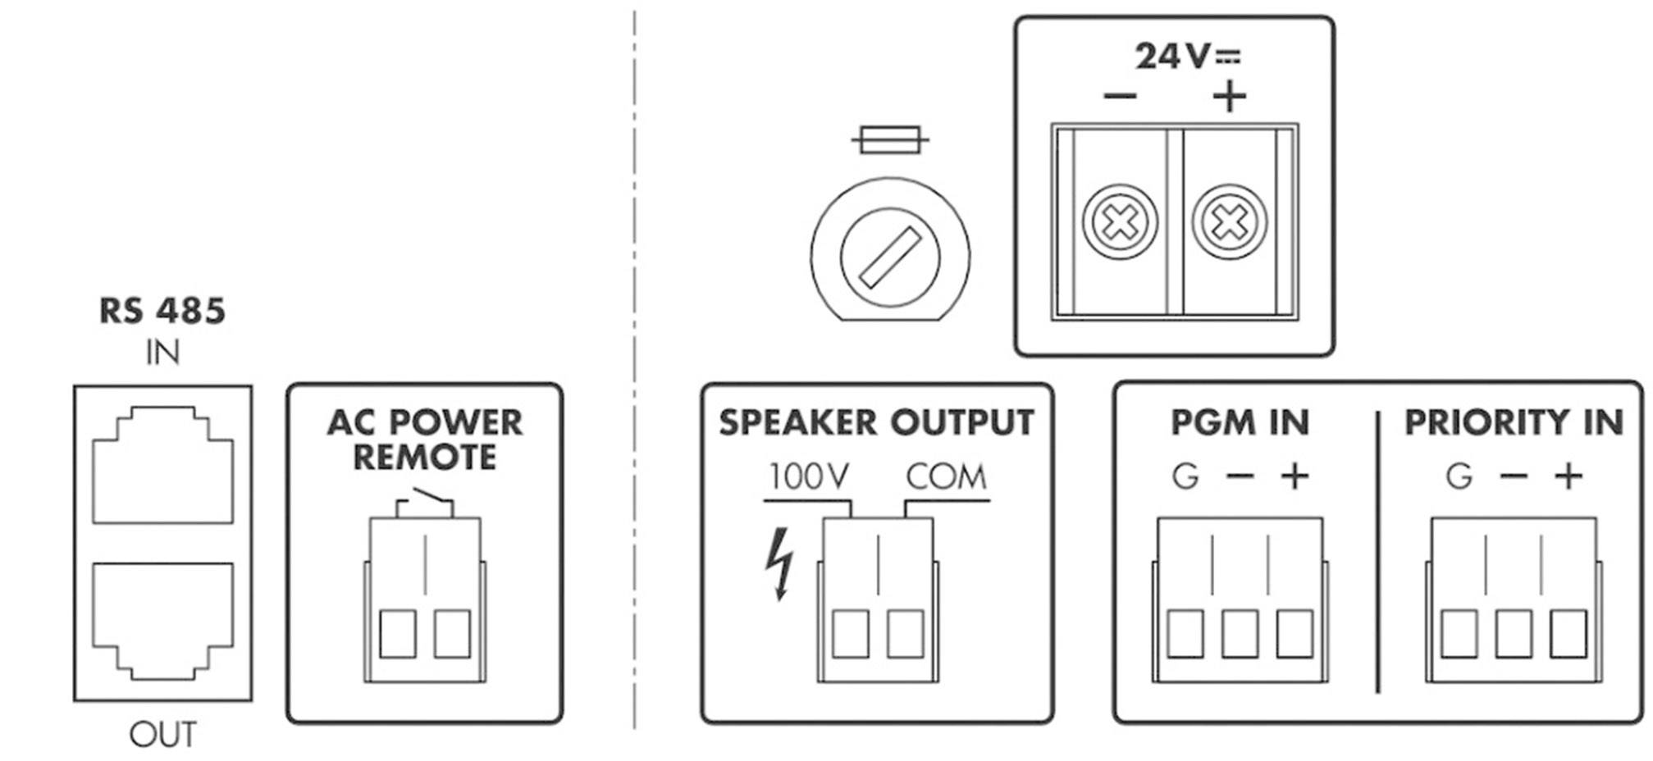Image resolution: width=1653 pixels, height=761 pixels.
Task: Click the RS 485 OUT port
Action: click(x=162, y=619)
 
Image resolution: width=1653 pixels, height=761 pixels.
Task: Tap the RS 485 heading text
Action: click(x=162, y=312)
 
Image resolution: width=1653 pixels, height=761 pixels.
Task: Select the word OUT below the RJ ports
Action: click(x=162, y=735)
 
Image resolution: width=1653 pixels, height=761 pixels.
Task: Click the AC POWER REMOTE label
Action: click(x=424, y=440)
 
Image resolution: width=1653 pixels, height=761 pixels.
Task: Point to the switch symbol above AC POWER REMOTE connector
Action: click(x=424, y=502)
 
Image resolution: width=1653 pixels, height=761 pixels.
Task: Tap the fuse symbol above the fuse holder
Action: click(x=890, y=140)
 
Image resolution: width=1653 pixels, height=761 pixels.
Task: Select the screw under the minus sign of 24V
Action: click(x=1120, y=221)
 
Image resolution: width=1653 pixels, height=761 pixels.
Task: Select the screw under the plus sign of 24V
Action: click(x=1229, y=221)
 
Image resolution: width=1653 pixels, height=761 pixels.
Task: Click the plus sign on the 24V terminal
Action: click(x=1229, y=97)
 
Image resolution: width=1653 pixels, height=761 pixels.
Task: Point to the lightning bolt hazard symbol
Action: click(x=779, y=563)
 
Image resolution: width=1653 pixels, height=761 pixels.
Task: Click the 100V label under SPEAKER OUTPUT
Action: click(x=808, y=476)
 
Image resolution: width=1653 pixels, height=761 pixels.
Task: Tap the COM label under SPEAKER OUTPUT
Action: click(x=946, y=476)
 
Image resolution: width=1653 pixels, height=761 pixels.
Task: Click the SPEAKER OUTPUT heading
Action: click(x=876, y=422)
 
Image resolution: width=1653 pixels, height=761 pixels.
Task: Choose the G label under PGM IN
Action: click(x=1185, y=476)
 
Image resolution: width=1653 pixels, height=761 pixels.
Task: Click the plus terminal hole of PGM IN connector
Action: click(x=1295, y=634)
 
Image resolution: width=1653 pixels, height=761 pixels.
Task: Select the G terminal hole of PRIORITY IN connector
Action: click(x=1459, y=634)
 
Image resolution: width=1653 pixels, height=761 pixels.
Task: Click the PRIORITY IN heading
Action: click(x=1514, y=422)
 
